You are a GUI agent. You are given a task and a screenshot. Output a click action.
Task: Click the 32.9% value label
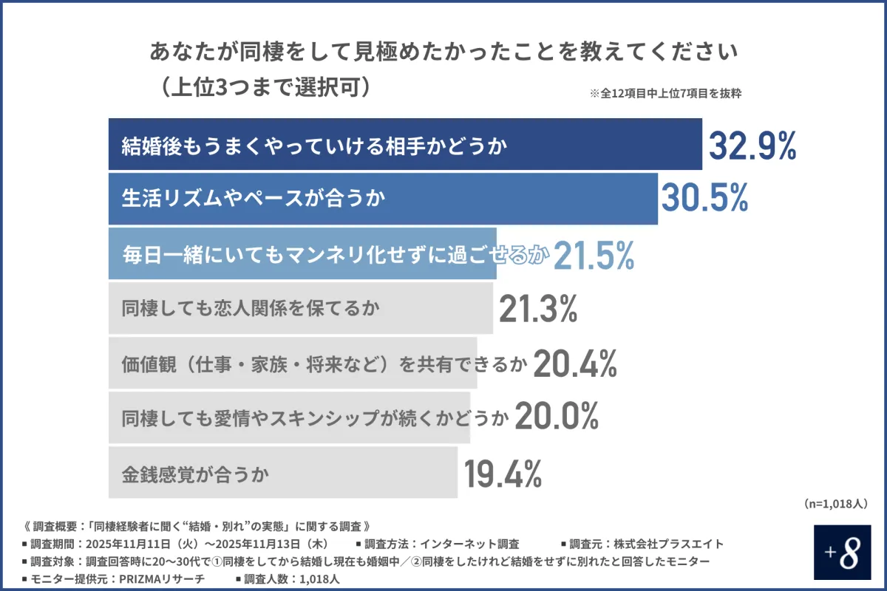click(x=752, y=146)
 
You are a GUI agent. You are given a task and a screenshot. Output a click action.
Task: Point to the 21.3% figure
click(x=537, y=310)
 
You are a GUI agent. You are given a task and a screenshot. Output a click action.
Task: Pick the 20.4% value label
click(x=574, y=363)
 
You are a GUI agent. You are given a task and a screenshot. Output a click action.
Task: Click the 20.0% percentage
click(x=556, y=417)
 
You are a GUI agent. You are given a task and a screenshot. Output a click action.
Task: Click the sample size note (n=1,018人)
click(x=835, y=503)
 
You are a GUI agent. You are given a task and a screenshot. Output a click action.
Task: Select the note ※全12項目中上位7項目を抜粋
click(x=665, y=94)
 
